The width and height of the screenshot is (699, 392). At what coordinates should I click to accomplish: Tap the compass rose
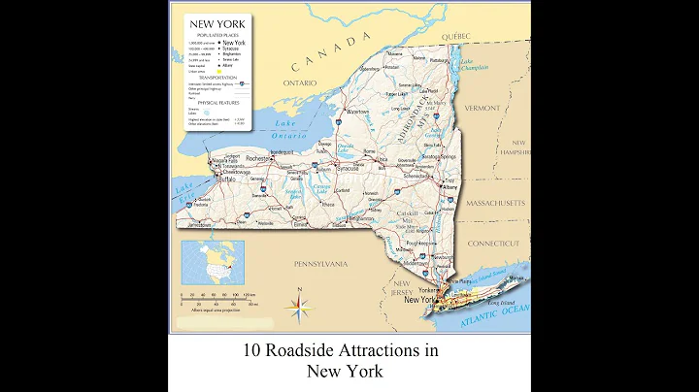(299, 306)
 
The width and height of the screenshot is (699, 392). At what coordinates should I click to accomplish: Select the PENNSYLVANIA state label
(320, 263)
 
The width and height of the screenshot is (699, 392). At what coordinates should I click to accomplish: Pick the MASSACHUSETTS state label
(495, 203)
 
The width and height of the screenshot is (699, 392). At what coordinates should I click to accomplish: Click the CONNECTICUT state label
(494, 243)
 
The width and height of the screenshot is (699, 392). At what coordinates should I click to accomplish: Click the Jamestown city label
(199, 224)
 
